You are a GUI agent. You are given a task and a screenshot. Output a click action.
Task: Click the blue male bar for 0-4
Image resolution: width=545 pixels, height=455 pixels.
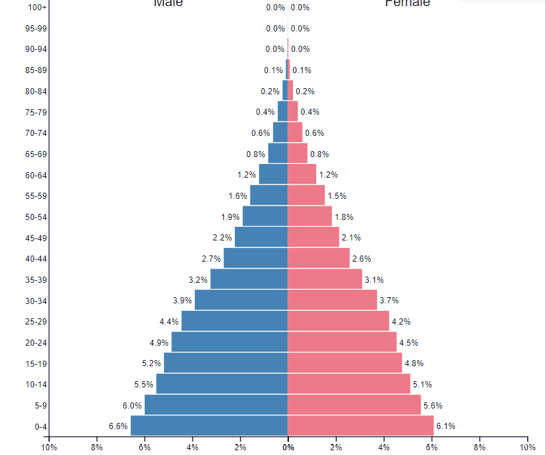209,426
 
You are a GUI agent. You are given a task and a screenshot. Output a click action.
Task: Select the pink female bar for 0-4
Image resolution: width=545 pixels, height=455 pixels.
361,426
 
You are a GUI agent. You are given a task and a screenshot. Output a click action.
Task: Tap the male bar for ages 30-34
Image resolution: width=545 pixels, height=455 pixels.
241,300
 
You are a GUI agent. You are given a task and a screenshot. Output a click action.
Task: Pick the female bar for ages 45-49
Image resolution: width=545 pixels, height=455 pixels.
313,237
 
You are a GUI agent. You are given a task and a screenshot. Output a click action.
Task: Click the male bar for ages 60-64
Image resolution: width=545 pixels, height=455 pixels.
273,174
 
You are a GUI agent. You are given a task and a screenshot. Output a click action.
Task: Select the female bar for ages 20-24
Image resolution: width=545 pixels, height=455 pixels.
342,342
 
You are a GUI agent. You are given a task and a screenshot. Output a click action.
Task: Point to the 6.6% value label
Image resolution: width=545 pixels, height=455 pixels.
118,426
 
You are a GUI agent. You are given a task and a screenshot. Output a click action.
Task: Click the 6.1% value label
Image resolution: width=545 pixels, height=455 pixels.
445,426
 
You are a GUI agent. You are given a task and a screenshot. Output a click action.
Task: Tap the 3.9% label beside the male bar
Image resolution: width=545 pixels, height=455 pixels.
182,301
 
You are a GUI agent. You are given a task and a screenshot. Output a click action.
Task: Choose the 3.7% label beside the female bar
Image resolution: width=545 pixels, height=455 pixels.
389,301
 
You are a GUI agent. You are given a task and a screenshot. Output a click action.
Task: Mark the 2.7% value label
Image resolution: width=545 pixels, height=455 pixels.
211,259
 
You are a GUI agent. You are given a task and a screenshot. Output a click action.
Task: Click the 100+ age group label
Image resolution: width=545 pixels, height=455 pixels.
38,8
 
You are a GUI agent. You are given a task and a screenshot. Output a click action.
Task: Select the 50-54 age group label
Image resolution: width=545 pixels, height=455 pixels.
36,217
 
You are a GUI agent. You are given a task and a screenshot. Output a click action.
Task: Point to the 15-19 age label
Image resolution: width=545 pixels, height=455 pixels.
36,363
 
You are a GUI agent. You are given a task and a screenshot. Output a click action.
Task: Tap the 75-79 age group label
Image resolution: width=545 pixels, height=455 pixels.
36,112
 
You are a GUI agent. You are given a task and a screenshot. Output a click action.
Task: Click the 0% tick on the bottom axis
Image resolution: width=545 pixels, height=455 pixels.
288,447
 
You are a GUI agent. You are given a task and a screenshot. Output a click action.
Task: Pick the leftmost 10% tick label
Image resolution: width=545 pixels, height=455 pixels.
48,447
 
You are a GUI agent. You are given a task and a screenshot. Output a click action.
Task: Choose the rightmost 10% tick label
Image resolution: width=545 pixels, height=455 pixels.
527,447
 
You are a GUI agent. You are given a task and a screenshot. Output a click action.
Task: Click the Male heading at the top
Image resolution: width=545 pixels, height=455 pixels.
168,3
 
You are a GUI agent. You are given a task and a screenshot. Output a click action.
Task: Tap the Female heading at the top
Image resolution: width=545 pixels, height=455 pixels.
407,3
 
